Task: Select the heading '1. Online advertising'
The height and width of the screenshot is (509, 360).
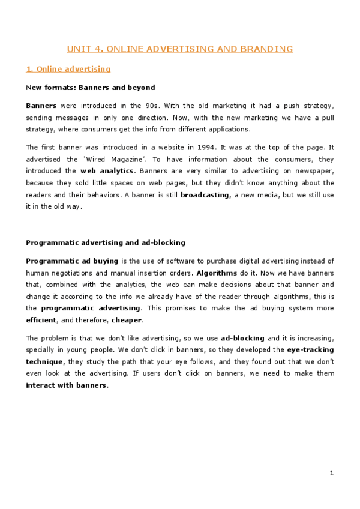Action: coord(68,69)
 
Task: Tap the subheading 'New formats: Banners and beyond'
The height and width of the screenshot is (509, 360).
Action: coord(91,88)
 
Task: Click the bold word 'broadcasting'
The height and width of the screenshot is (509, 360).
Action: coord(205,195)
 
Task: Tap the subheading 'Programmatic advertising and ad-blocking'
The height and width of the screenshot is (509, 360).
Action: coord(106,242)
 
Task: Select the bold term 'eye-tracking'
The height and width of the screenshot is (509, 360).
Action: coord(310,349)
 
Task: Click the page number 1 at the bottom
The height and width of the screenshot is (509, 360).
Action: coord(331,474)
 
